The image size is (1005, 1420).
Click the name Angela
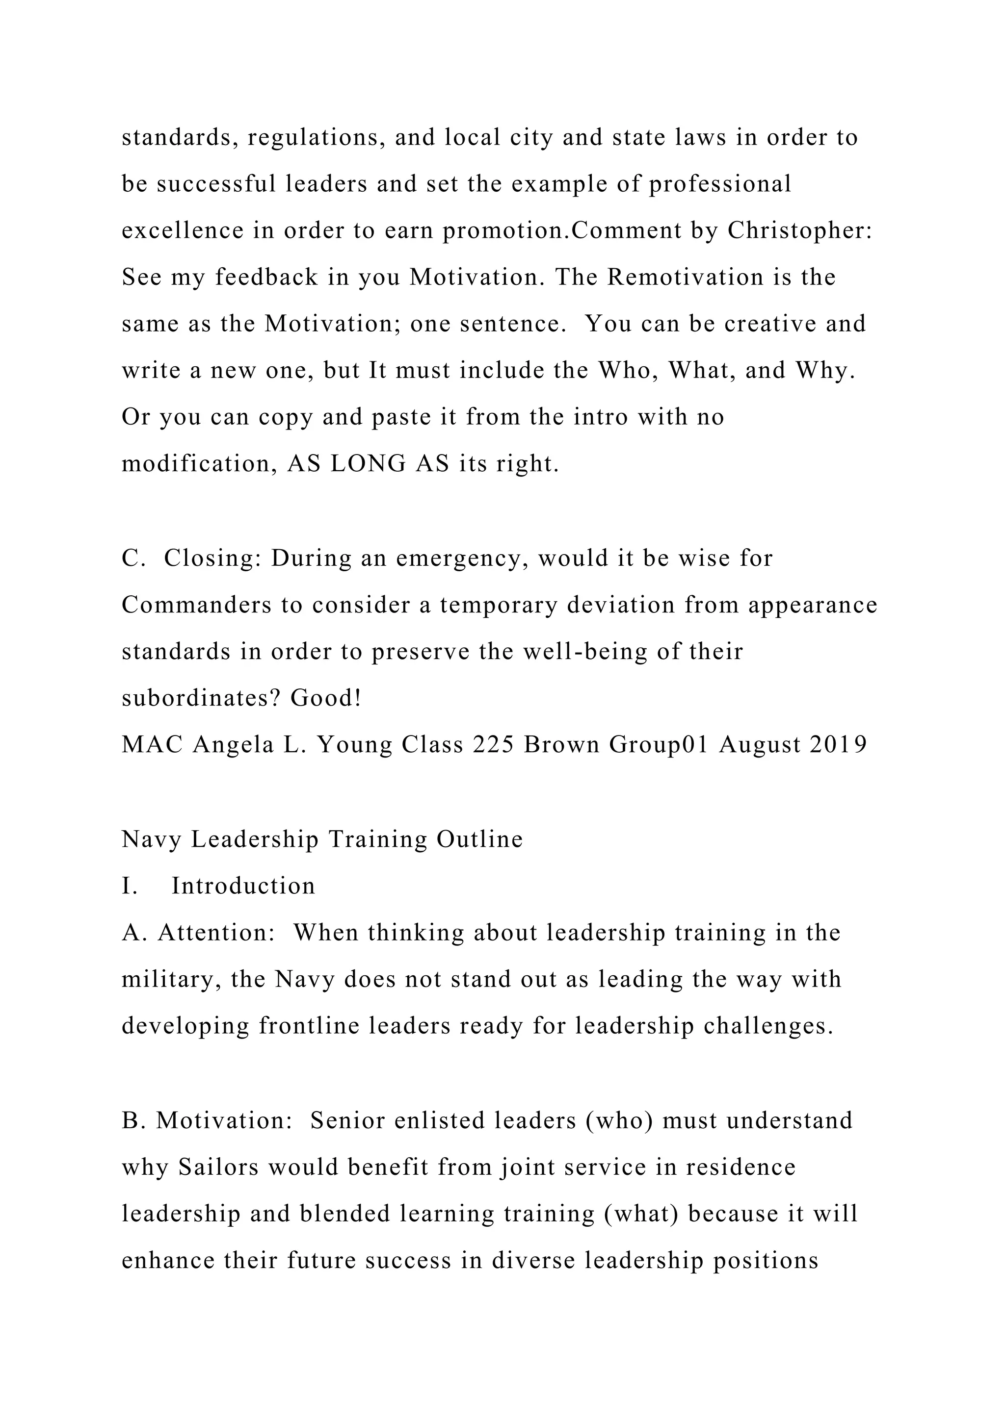pos(233,745)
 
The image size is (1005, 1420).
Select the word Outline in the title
pos(479,839)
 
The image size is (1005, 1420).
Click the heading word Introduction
pos(243,886)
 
